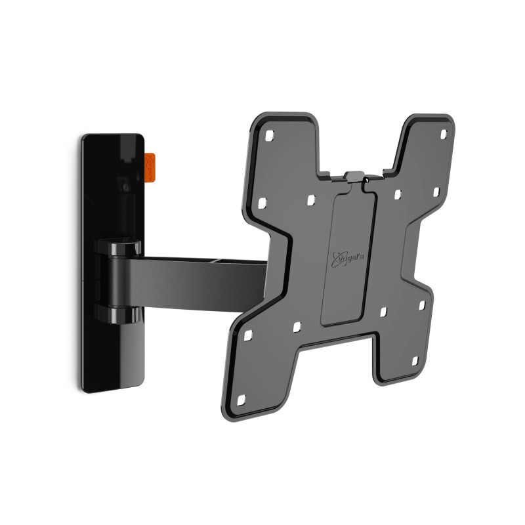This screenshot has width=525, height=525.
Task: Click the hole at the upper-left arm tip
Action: [x=268, y=137]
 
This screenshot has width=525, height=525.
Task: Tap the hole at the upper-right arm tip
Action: [x=443, y=135]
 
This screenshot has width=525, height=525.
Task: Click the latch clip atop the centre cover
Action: [x=353, y=177]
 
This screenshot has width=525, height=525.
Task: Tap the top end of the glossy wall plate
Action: [x=113, y=139]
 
